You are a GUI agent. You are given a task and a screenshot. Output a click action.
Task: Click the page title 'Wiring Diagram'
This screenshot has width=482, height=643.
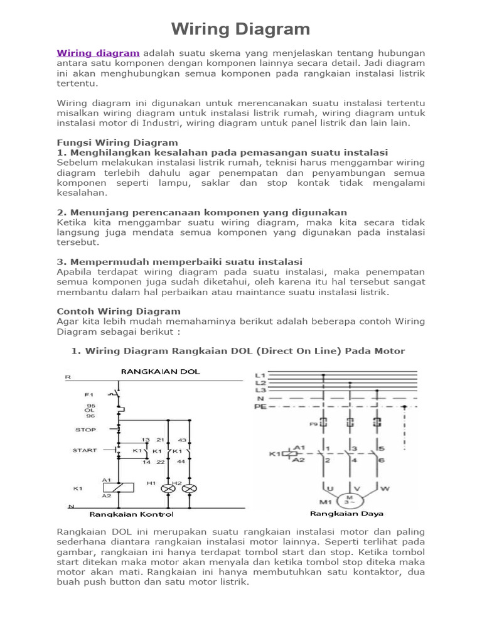[241, 29]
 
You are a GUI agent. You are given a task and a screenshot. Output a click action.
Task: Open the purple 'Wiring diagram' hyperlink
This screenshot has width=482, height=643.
[98, 53]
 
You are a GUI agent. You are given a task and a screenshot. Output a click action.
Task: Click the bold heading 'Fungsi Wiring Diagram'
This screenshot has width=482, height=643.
[117, 143]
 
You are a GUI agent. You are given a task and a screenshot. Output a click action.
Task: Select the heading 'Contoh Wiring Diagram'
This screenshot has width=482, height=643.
[119, 311]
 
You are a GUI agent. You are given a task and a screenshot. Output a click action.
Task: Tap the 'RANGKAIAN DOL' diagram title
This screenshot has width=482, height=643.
[160, 372]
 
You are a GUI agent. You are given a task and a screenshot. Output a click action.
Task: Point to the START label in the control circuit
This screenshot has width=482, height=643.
[85, 450]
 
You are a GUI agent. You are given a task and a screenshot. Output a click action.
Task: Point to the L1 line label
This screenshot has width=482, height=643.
[260, 376]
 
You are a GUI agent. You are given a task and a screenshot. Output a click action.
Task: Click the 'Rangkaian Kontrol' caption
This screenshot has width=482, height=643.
[131, 514]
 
